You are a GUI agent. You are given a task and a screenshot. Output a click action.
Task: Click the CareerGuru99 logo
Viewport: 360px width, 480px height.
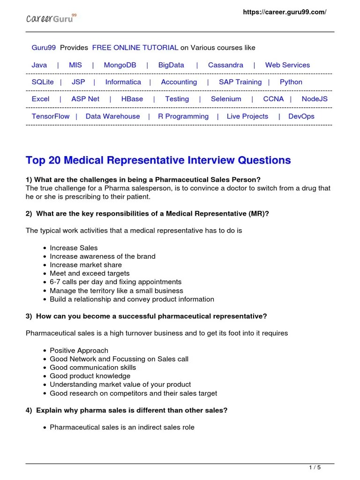tap(51, 18)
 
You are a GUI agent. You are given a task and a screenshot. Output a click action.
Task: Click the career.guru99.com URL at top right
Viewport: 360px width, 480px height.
tap(284, 12)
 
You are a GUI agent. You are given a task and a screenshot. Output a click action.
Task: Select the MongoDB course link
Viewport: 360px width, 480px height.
tap(120, 65)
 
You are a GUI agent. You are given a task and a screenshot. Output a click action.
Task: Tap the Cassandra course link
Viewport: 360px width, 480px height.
tap(225, 65)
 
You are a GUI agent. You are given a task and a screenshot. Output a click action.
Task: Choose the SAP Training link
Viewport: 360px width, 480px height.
tap(240, 82)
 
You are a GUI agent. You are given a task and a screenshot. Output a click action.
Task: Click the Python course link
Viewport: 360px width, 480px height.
tap(291, 82)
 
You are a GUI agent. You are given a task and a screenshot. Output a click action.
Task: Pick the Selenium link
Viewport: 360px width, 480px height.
tap(226, 99)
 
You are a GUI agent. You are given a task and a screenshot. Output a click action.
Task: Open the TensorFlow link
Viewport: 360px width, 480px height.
tap(50, 116)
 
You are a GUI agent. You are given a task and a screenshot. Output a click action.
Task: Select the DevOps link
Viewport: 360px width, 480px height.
tap(301, 116)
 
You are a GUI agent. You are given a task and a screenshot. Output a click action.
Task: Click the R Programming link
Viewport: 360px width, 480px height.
tap(183, 116)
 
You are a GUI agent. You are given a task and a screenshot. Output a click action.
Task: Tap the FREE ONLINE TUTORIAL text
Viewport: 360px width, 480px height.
tap(135, 48)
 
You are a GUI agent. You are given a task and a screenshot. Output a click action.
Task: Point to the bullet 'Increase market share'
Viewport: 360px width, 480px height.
tap(86, 265)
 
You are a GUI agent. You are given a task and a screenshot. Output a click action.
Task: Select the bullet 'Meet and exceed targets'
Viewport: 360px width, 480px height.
tap(90, 273)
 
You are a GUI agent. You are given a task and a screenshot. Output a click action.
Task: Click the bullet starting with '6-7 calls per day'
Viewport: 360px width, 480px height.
tap(115, 282)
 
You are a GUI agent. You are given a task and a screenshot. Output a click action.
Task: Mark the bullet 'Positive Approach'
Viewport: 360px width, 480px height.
tap(79, 350)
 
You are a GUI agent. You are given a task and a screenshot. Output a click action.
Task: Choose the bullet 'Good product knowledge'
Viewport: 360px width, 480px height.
tap(90, 376)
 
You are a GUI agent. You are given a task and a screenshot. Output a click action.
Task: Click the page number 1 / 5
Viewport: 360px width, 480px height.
tap(315, 467)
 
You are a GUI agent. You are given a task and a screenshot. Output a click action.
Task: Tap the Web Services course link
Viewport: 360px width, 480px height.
tap(287, 65)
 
